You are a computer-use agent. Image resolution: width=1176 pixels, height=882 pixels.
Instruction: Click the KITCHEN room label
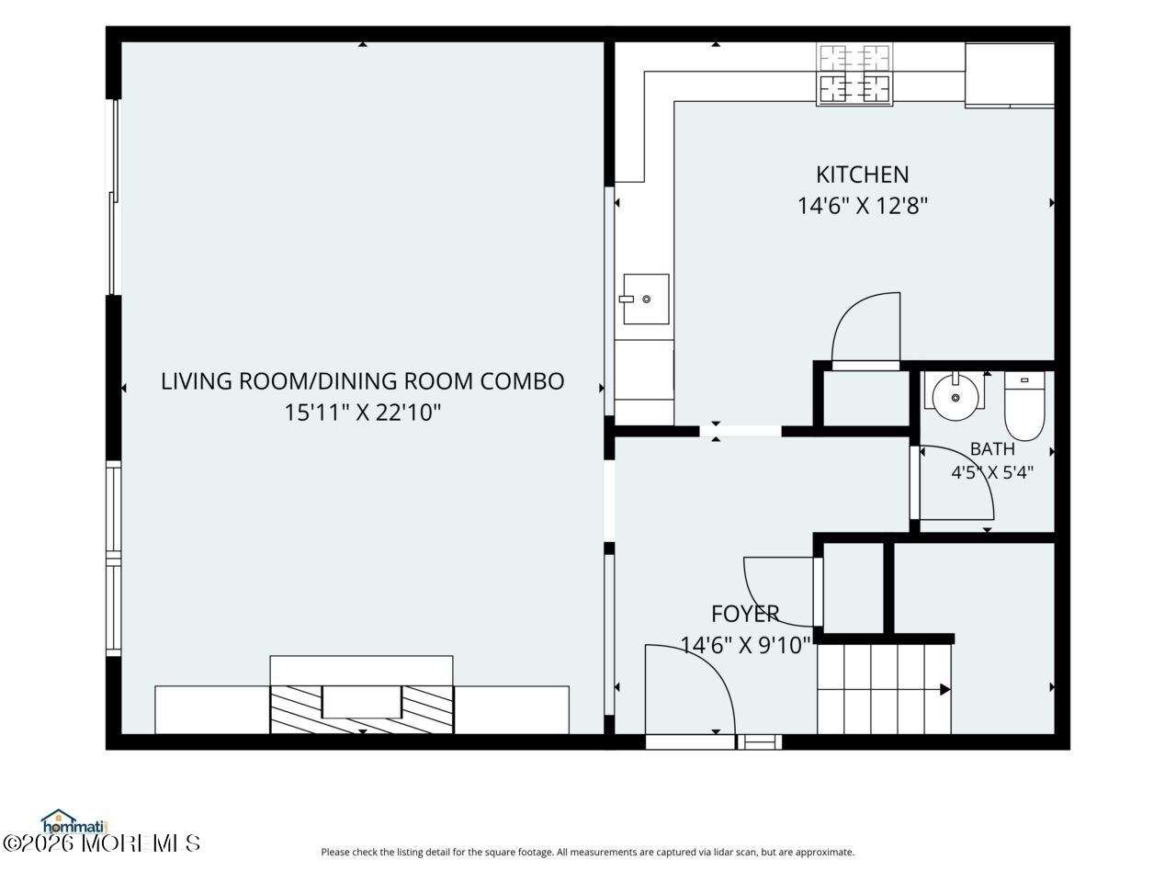pyautogui.click(x=862, y=175)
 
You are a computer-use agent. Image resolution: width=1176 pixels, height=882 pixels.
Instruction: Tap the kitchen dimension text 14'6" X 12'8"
pyautogui.click(x=862, y=206)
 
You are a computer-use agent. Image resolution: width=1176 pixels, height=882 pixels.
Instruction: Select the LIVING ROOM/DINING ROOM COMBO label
pyautogui.click(x=363, y=381)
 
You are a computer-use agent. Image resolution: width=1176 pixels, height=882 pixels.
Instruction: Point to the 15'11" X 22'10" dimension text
pyautogui.click(x=363, y=413)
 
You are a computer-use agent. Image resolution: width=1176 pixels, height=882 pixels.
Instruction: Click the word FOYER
pyautogui.click(x=745, y=614)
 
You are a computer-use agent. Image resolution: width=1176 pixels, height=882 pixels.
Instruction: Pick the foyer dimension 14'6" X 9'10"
pyautogui.click(x=745, y=645)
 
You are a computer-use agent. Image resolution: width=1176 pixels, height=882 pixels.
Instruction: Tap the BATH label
pyautogui.click(x=992, y=448)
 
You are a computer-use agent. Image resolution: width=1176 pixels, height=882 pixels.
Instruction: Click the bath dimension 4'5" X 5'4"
pyautogui.click(x=992, y=472)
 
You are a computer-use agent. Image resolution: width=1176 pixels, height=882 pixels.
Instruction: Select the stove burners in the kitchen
pyautogui.click(x=854, y=73)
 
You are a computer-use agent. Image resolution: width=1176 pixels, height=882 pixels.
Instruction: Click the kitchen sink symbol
pyautogui.click(x=646, y=299)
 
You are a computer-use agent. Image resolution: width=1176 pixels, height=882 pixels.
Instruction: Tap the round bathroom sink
pyautogui.click(x=955, y=396)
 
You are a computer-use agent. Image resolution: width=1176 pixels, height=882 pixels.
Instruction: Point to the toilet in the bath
pyautogui.click(x=1024, y=406)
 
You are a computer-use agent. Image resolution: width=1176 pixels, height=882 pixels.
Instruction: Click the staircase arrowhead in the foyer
pyautogui.click(x=945, y=689)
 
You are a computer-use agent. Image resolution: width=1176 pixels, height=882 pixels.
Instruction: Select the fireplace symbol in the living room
pyautogui.click(x=362, y=709)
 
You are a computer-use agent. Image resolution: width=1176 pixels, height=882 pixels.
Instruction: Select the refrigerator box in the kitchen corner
pyautogui.click(x=1010, y=75)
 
